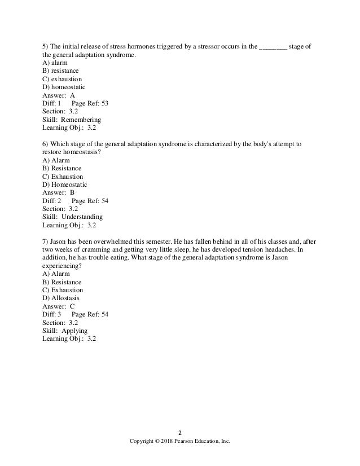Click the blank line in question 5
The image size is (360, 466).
(273, 46)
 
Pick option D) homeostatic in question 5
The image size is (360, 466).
(65, 87)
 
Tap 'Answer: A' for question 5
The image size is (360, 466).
(59, 96)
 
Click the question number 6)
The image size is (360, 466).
(46, 144)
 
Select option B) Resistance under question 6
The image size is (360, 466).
(62, 168)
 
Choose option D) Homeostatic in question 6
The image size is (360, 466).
(67, 184)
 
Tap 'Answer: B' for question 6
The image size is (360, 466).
(59, 192)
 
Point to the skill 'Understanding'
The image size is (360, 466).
(82, 217)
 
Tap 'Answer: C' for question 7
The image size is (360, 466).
(59, 306)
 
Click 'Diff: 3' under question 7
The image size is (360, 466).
(51, 314)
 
